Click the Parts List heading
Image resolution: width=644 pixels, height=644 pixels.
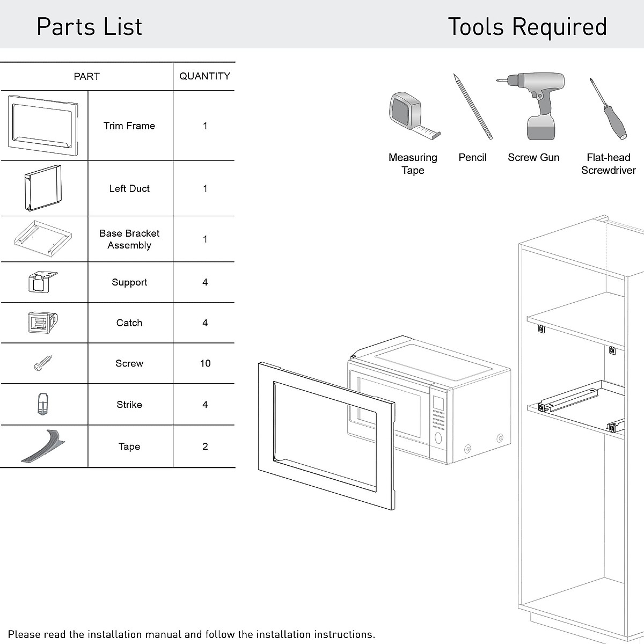pyautogui.click(x=89, y=27)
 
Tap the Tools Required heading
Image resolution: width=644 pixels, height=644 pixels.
pyautogui.click(x=527, y=27)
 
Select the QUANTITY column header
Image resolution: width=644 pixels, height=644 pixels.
pyautogui.click(x=204, y=76)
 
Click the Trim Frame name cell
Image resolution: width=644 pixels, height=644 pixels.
pyautogui.click(x=129, y=126)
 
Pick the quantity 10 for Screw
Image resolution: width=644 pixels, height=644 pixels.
pyautogui.click(x=205, y=363)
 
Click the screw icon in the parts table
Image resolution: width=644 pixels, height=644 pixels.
pyautogui.click(x=43, y=363)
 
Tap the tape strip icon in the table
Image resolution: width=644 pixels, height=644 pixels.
pyautogui.click(x=43, y=446)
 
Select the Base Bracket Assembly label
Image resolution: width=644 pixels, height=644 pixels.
pyautogui.click(x=129, y=239)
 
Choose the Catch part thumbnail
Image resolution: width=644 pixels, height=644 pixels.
pyautogui.click(x=42, y=323)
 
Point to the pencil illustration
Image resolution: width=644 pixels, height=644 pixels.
pyautogui.click(x=472, y=106)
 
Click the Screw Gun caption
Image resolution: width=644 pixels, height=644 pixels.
pyautogui.click(x=533, y=157)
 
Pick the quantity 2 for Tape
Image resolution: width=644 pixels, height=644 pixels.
pyautogui.click(x=205, y=447)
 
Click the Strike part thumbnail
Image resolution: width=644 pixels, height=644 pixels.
pyautogui.click(x=42, y=404)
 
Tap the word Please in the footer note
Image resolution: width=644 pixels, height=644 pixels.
pyautogui.click(x=24, y=634)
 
